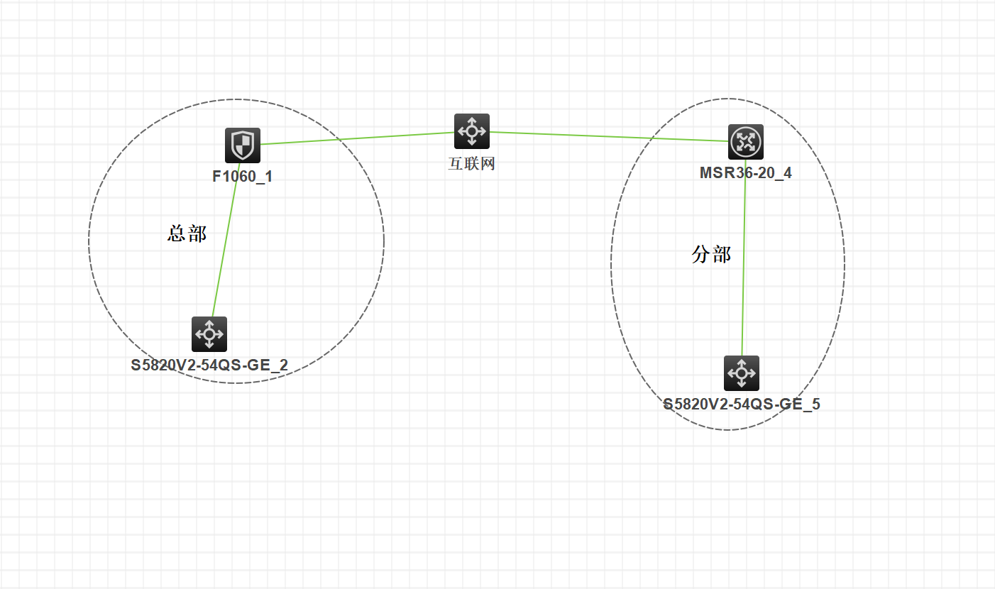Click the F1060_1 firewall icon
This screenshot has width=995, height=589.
pyautogui.click(x=243, y=145)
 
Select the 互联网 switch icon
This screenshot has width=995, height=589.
pyautogui.click(x=472, y=131)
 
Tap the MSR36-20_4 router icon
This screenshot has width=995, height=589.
pyautogui.click(x=746, y=142)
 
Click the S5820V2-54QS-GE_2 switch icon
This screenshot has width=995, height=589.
pyautogui.click(x=209, y=334)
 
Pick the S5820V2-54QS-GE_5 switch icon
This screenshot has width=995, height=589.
pyautogui.click(x=742, y=373)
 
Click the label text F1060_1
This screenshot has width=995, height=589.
pyautogui.click(x=243, y=177)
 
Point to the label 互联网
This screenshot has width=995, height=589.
pyautogui.click(x=472, y=165)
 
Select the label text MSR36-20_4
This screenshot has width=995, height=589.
pyautogui.click(x=746, y=173)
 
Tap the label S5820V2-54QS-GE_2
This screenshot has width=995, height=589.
pyautogui.click(x=209, y=366)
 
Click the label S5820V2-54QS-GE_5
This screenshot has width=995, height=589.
pyautogui.click(x=742, y=405)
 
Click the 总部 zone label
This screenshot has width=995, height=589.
pyautogui.click(x=187, y=233)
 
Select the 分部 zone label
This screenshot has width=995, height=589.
pyautogui.click(x=711, y=255)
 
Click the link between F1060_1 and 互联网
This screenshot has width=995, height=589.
pyautogui.click(x=355, y=138)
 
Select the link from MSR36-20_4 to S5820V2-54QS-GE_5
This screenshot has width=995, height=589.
pyautogui.click(x=744, y=263)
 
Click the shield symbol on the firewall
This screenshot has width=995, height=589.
pyautogui.click(x=243, y=145)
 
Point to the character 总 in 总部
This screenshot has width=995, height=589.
pyautogui.click(x=177, y=233)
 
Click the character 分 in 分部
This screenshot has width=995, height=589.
pyautogui.click(x=701, y=255)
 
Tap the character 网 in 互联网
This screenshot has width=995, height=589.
pyautogui.click(x=488, y=165)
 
